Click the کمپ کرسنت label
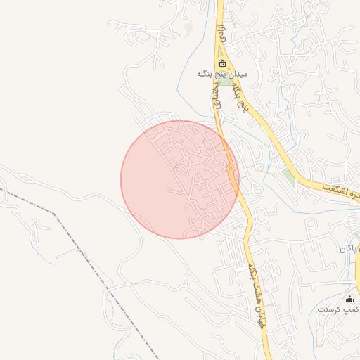tap(338, 309)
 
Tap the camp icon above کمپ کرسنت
tap(349, 299)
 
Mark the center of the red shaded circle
tap(180, 179)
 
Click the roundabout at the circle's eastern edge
tap(231, 169)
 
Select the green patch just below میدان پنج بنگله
tap(226, 82)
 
